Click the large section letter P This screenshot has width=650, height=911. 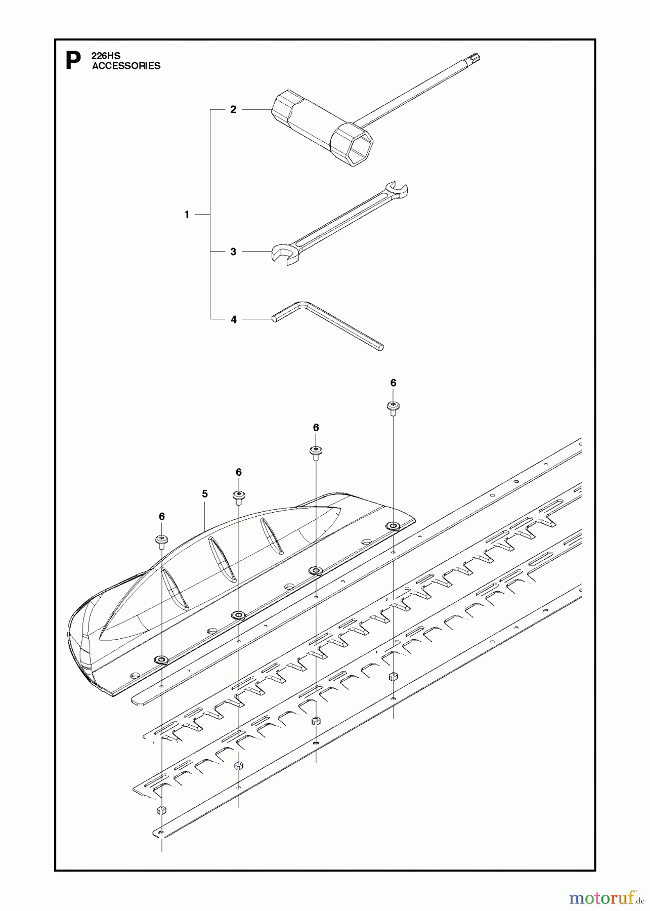(73, 61)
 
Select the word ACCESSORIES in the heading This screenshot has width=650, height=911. (126, 66)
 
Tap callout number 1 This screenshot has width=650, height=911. (187, 215)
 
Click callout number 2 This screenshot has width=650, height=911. (233, 109)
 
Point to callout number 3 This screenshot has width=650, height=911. (233, 252)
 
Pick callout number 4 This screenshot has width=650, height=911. (233, 319)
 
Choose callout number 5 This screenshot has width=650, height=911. (205, 493)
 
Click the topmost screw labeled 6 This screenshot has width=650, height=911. (393, 406)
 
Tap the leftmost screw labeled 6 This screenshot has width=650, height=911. (161, 540)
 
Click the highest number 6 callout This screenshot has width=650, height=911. (393, 383)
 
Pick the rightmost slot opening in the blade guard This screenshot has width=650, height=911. (272, 535)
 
